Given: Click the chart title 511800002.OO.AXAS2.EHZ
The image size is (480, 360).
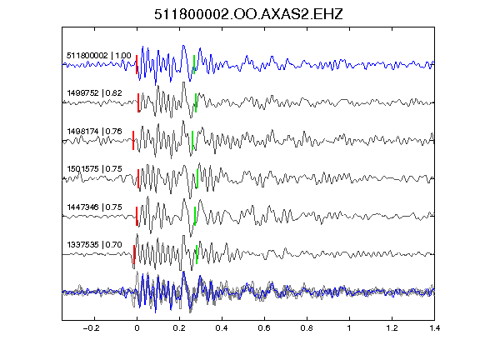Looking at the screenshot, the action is click(x=248, y=14).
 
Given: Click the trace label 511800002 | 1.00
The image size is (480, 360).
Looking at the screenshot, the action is click(x=99, y=56).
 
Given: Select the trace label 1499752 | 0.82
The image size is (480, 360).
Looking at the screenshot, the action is click(x=95, y=93).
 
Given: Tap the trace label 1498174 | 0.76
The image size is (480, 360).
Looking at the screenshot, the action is click(x=95, y=132).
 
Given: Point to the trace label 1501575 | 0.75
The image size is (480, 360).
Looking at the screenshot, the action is click(x=95, y=169).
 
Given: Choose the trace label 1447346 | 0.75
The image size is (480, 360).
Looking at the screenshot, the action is click(x=95, y=207).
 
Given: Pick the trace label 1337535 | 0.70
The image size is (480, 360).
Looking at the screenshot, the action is click(x=95, y=245).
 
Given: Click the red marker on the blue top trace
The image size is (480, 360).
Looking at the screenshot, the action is click(x=137, y=65).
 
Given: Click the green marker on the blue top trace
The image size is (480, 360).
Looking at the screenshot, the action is click(x=194, y=65).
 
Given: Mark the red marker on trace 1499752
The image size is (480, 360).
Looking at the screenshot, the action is click(x=138, y=102).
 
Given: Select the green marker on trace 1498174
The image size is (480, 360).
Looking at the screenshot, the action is click(x=192, y=141).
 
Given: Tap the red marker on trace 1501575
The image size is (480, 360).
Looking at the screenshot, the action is click(x=138, y=178).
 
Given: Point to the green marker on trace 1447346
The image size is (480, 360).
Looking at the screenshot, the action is click(x=195, y=217).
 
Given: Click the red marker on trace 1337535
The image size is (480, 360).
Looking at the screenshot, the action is click(x=134, y=254).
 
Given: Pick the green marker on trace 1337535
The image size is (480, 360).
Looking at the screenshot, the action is click(x=197, y=254).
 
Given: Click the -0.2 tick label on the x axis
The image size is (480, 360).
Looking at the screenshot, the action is click(x=91, y=328).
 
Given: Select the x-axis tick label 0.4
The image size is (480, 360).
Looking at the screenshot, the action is click(x=222, y=328).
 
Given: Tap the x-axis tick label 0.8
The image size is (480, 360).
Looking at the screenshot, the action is click(x=307, y=328).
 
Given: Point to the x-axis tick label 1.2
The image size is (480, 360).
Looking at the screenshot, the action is click(x=392, y=328).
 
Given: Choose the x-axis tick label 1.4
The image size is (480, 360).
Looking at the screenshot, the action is click(x=434, y=328).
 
